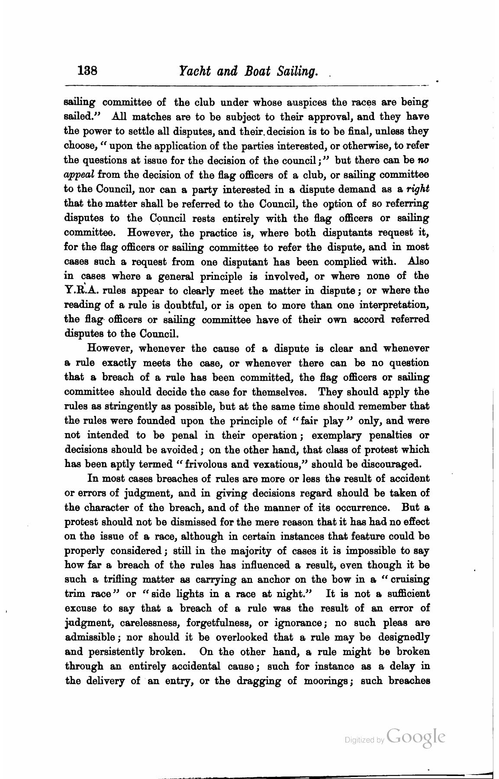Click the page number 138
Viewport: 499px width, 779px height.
(x=88, y=71)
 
